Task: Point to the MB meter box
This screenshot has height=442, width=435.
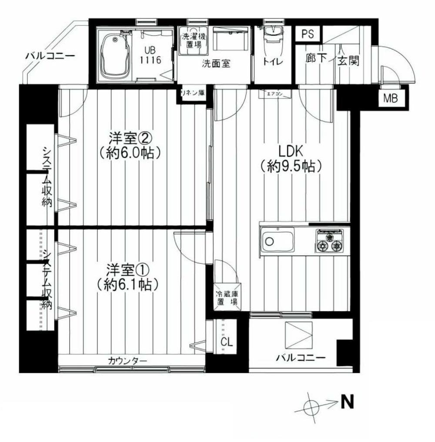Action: (390, 99)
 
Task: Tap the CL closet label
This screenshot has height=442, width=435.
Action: (227, 342)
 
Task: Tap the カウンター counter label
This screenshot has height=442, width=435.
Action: (127, 361)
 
